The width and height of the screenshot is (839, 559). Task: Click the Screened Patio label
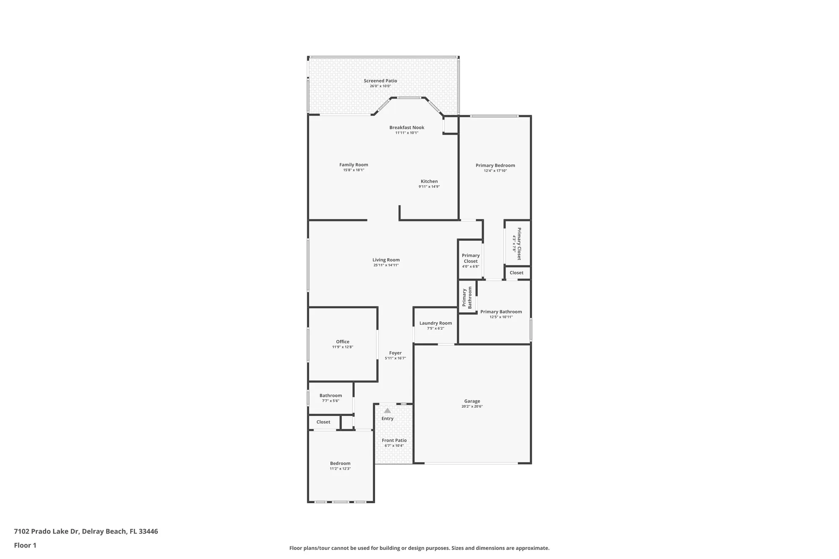point(380,81)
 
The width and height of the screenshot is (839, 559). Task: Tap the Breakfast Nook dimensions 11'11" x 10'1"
point(406,133)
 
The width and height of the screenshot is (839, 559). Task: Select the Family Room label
point(354,165)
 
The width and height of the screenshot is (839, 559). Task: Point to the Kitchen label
point(429,182)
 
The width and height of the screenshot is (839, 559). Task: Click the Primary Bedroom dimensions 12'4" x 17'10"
point(495,171)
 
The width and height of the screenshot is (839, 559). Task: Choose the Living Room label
point(386,260)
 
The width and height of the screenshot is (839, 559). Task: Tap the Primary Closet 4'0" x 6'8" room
point(470,260)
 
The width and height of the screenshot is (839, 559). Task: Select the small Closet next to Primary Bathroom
point(516,273)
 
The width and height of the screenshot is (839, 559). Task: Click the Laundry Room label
point(435,323)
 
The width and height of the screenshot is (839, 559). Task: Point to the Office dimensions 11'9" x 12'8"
point(342,347)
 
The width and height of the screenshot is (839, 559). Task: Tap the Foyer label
point(395,353)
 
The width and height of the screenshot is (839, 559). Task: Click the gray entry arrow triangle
point(387,411)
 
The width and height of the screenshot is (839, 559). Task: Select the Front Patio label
point(394,440)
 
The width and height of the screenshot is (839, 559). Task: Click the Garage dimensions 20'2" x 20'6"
point(472,406)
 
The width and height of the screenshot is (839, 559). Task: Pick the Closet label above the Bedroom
point(323,422)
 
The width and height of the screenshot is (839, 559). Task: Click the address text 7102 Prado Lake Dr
point(46,531)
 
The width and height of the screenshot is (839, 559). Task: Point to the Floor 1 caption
point(25,545)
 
